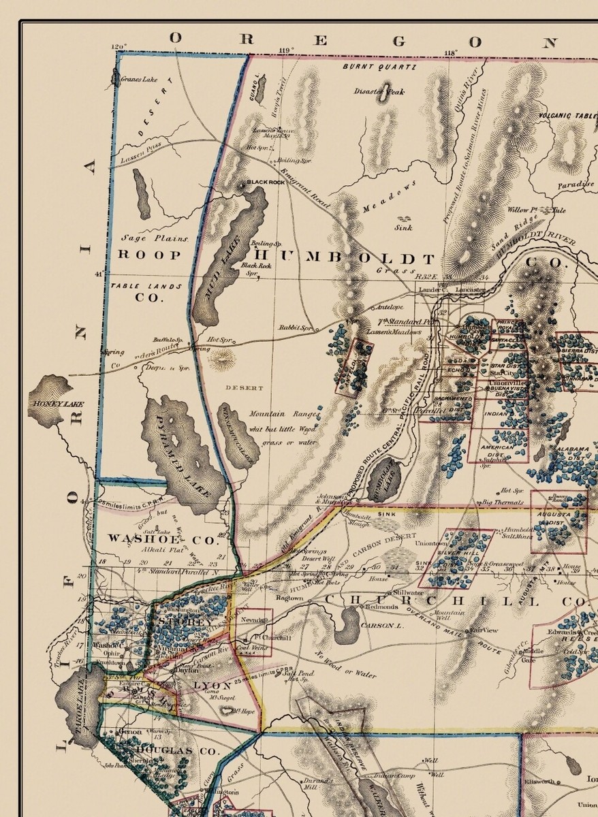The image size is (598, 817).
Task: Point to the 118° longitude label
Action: [450, 52]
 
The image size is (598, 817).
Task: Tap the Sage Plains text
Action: [154, 238]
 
